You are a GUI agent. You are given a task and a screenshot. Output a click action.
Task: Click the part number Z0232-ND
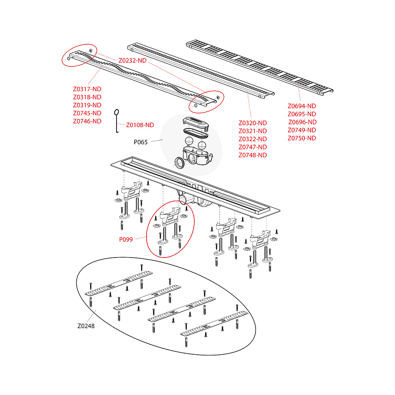132,60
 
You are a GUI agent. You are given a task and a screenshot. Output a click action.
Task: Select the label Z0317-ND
87,89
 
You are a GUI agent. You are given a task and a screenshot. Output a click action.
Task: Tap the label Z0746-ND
87,121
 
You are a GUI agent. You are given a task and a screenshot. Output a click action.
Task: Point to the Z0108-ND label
140,125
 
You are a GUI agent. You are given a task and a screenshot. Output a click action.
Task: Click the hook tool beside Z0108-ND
117,121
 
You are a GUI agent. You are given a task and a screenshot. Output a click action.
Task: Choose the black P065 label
141,142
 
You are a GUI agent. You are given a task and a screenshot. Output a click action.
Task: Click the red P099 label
126,240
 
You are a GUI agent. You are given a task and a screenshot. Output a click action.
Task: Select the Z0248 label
86,326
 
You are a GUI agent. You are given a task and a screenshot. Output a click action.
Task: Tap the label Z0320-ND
253,123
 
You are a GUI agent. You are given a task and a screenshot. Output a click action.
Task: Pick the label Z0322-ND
253,139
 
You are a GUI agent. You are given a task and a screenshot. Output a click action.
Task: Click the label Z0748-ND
253,155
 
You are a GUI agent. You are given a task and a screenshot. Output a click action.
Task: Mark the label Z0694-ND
302,106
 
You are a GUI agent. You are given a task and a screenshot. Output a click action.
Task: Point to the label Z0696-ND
302,122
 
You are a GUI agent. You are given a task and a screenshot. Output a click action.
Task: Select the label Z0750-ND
302,138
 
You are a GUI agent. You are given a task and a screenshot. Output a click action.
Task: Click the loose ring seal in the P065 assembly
180,162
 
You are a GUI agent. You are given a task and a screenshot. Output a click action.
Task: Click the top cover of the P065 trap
196,124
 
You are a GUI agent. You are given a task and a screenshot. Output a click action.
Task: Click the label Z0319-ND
87,105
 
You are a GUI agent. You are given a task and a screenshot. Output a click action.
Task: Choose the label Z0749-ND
302,130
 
